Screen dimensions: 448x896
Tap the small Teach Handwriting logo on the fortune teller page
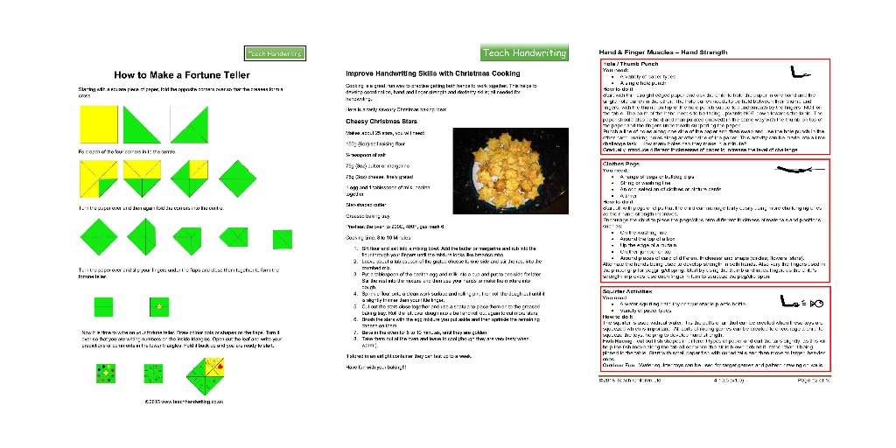click(274, 53)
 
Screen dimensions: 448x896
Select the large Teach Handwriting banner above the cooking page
click(524, 53)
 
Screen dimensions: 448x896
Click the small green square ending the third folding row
click(282, 238)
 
